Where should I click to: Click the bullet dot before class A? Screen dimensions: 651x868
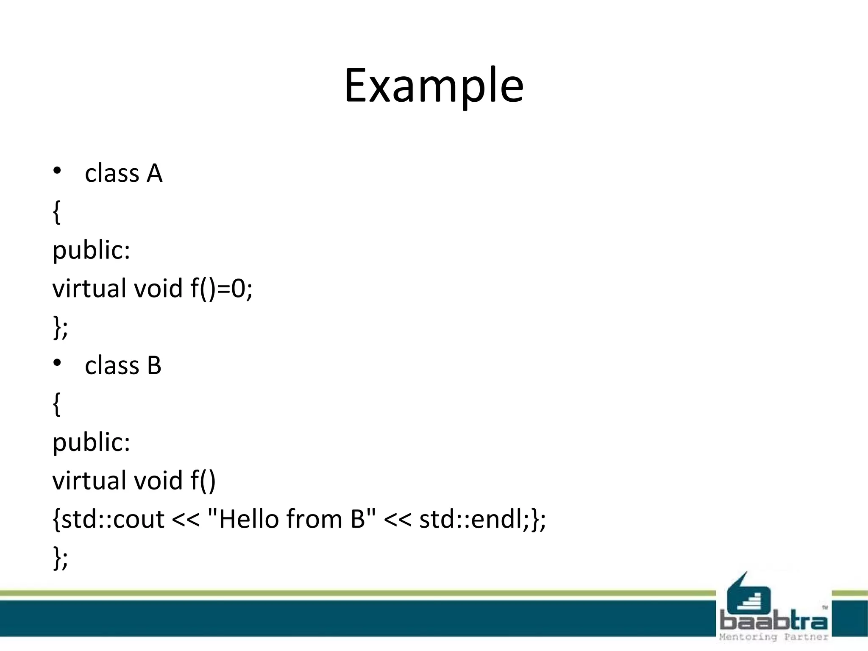tap(57, 170)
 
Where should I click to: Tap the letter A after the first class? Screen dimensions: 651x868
tap(154, 174)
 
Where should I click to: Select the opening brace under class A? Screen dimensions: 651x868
tap(57, 212)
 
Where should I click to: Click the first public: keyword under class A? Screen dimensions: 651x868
tap(91, 250)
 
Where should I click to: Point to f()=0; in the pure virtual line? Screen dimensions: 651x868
tap(221, 289)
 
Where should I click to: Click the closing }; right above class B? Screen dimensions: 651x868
tap(60, 327)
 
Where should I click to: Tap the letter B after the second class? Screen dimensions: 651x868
tap(154, 365)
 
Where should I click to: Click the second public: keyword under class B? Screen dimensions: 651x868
tap(91, 442)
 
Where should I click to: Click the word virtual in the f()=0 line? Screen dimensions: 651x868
tap(89, 289)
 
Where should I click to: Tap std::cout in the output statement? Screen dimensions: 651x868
tap(112, 519)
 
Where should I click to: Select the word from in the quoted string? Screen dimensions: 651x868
tap(314, 519)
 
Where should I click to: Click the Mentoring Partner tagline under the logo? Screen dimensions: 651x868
tap(773, 637)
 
